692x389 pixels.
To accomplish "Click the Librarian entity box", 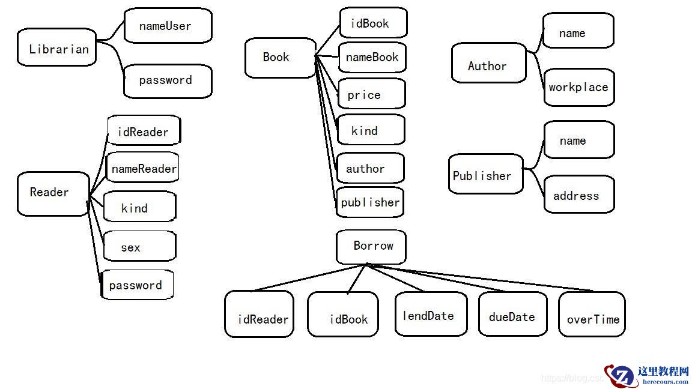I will click(57, 47).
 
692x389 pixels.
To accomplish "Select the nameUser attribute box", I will click(168, 26).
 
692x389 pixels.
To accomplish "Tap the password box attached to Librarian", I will click(168, 80).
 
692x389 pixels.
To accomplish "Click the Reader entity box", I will click(53, 193).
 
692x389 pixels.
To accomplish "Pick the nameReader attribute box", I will click(142, 168).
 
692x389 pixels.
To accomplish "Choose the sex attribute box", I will click(139, 246).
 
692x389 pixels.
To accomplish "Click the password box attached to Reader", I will click(137, 285).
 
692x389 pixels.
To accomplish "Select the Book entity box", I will click(280, 58).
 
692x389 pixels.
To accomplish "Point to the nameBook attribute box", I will click(372, 58).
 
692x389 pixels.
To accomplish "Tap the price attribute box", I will click(371, 94).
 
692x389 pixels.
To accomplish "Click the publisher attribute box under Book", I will click(369, 202).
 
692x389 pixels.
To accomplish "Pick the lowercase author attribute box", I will click(369, 168).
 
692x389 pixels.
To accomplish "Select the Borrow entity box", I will click(371, 246).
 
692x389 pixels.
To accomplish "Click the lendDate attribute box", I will click(430, 314).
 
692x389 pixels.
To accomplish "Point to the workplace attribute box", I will click(578, 87).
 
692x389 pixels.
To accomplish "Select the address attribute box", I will click(578, 194).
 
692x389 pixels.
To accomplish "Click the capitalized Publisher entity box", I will click(485, 175).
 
